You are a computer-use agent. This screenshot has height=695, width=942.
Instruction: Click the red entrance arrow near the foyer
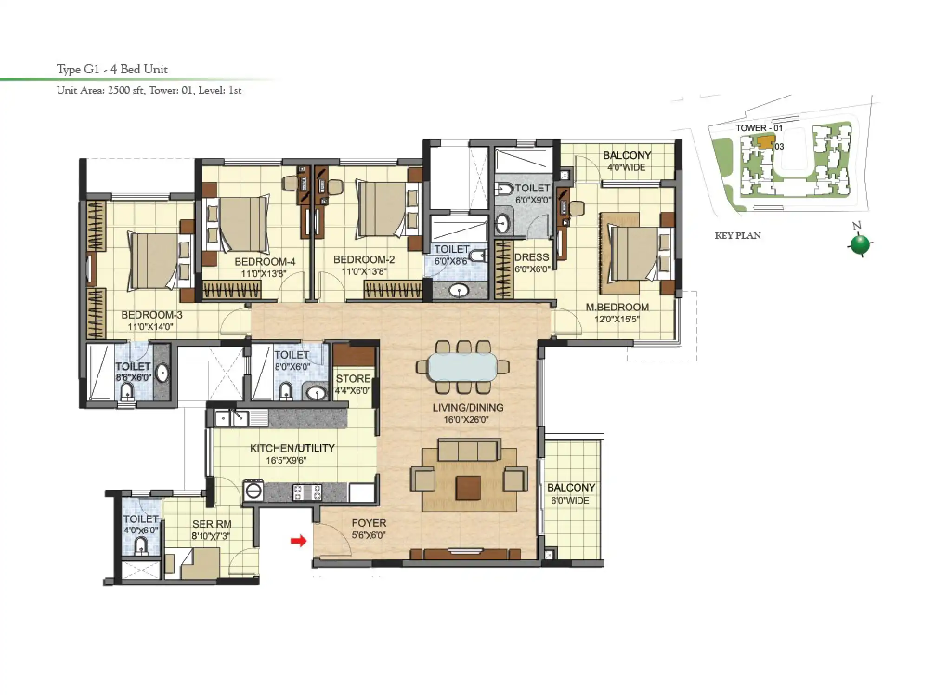coord(299,540)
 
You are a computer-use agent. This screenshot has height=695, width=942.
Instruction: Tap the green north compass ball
coord(860,244)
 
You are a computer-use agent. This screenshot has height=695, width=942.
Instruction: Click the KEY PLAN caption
coord(737,236)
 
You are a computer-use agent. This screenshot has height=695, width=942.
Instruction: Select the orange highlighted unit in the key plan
coord(766,141)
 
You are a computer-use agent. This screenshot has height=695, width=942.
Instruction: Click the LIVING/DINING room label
coord(468,407)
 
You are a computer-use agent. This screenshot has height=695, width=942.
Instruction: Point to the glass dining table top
coord(462,367)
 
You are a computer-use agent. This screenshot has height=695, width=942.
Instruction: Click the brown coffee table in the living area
coord(468,487)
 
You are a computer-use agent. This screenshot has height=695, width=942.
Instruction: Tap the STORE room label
coord(353,379)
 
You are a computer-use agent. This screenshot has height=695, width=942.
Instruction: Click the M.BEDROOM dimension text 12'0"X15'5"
coord(617,319)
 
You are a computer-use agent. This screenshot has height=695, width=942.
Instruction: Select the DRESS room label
coord(532,257)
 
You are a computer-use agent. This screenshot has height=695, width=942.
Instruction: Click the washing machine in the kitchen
coord(253,490)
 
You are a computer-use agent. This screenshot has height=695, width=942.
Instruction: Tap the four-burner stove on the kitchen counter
coord(307,492)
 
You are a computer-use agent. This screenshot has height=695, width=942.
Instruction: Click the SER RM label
coord(212,524)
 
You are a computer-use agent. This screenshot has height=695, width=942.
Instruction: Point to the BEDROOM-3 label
coord(151,315)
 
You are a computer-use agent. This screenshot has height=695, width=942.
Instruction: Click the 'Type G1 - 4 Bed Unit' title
coord(112,69)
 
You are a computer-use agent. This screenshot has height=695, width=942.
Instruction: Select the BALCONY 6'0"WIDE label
coord(571,493)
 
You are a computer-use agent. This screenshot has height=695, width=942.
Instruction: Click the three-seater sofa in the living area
coord(468,449)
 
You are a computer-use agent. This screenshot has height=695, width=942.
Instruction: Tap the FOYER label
coord(369,523)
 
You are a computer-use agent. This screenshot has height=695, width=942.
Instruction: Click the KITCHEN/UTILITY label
coord(292,448)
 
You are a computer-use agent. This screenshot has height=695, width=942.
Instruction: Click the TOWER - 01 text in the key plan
coord(759,128)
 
